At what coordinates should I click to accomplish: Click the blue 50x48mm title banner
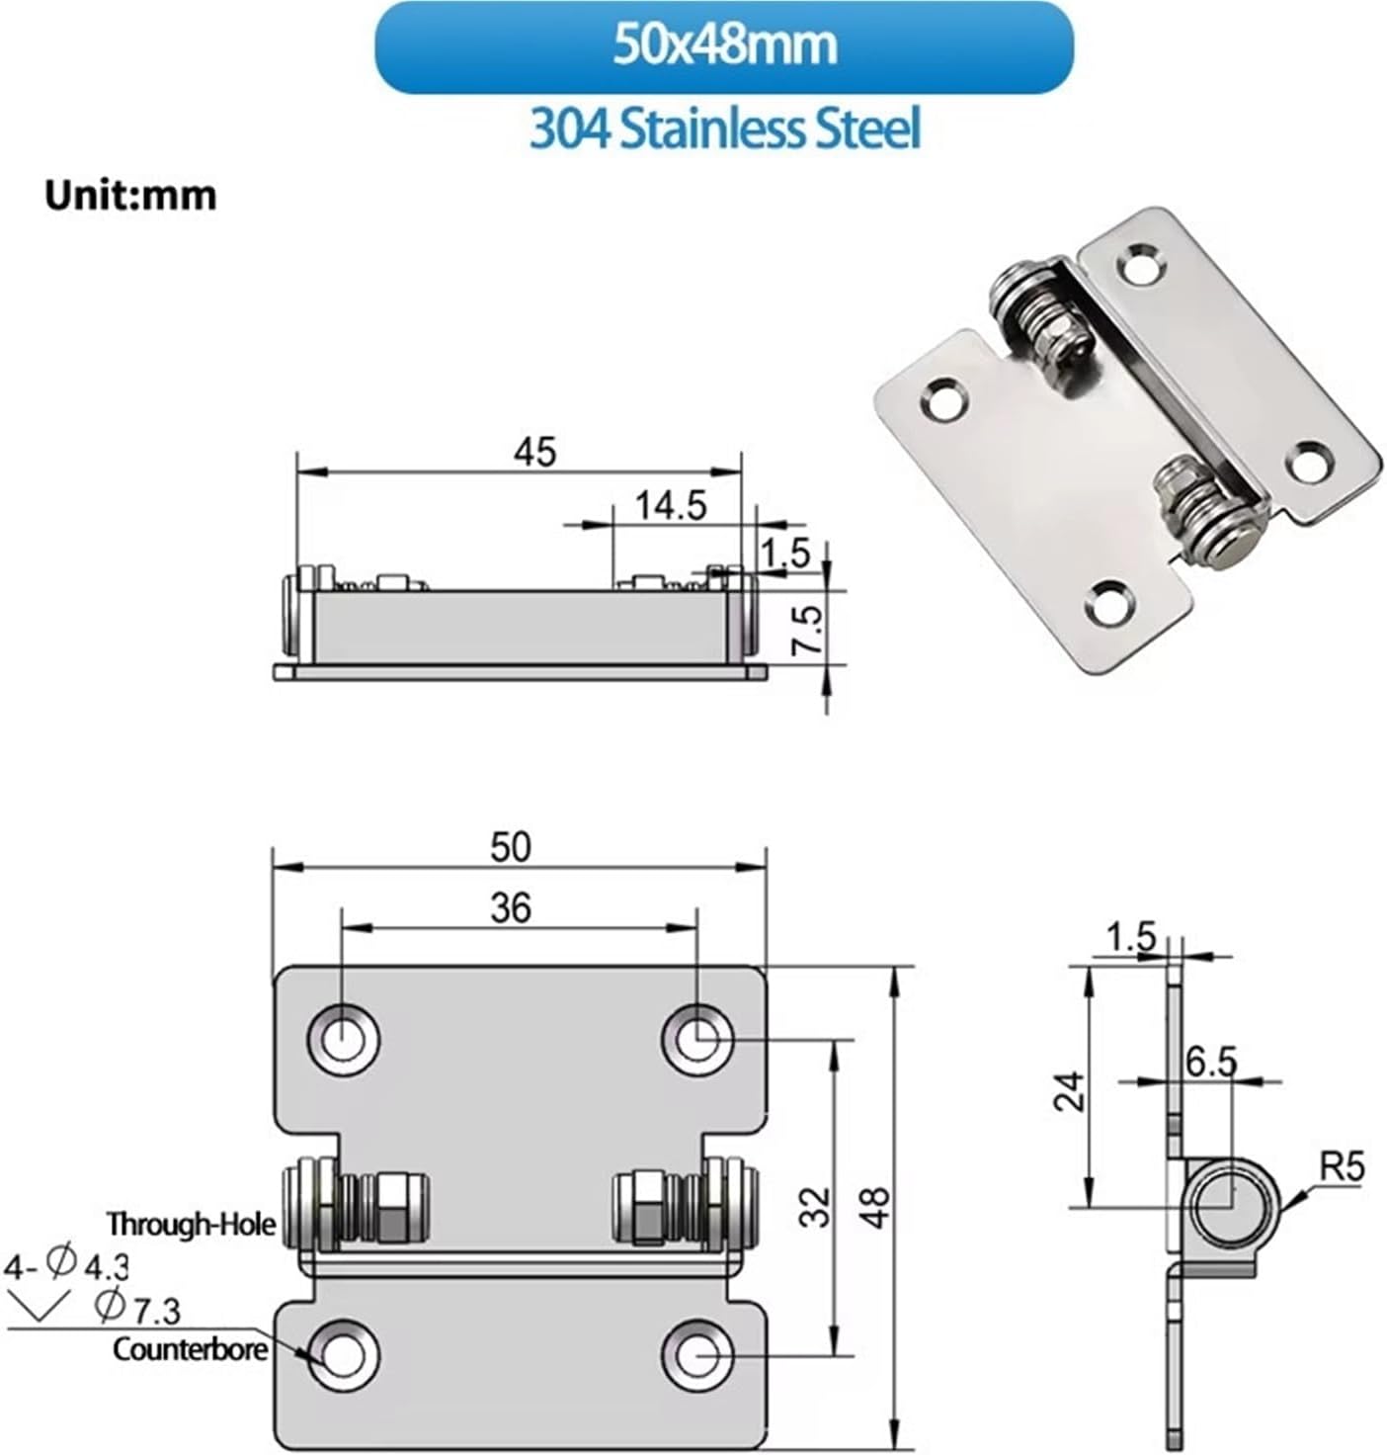pos(723,46)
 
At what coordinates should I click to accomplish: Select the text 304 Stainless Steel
pos(725,128)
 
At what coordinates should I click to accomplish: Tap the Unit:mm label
pos(129,195)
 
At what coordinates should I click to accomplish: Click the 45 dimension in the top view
pos(534,452)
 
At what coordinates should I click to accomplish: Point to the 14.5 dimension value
pos(671,505)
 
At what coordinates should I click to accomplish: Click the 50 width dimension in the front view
pos(511,847)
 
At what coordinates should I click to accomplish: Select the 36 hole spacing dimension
pos(511,907)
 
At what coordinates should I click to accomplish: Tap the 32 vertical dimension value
pos(815,1206)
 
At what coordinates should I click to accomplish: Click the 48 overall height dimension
pos(874,1206)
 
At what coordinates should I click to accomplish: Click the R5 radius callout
pos(1342,1167)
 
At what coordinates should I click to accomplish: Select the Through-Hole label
pos(191,1224)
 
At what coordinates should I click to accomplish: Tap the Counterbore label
pos(190,1349)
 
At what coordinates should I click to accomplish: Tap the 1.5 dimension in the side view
pos(1131,936)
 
